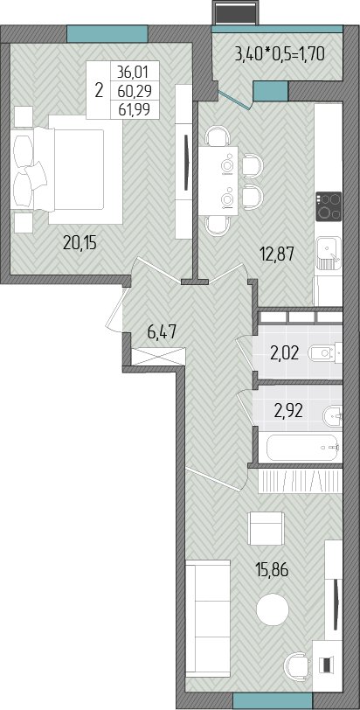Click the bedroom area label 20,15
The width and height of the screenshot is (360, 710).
[80, 244]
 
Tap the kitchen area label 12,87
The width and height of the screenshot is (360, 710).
[276, 253]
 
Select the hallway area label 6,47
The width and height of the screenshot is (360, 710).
[162, 335]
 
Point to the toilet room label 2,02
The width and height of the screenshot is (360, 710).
[285, 352]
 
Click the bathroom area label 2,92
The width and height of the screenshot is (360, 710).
[288, 411]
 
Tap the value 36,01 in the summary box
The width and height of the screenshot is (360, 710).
[134, 72]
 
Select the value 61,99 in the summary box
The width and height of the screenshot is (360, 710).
[134, 109]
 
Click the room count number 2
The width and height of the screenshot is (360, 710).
[99, 90]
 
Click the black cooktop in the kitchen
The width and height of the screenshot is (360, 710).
[329, 206]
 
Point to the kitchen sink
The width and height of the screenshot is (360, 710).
[329, 254]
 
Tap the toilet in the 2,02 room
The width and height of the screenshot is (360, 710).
[325, 352]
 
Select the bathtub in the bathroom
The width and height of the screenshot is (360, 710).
[302, 448]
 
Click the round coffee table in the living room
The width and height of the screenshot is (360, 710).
[273, 609]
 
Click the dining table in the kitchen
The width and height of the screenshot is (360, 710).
[218, 180]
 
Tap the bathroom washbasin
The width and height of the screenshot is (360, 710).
[333, 416]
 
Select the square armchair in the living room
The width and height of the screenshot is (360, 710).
[266, 528]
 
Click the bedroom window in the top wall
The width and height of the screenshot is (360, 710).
[107, 34]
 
